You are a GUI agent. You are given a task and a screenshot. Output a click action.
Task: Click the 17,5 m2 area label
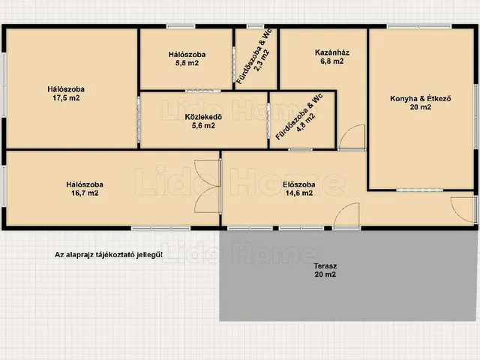point(66,98)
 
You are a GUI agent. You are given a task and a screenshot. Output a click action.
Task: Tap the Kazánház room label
point(332,52)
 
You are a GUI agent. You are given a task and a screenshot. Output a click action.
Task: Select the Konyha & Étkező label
point(421,98)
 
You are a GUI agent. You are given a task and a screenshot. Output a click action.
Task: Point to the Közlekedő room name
point(203,117)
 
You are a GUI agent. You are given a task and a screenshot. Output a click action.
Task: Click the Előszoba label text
point(299,184)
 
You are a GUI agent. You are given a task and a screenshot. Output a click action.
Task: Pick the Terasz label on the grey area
point(325,266)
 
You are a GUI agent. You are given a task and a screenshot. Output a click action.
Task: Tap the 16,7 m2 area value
point(85,193)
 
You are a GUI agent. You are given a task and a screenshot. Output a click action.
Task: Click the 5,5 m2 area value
point(187,63)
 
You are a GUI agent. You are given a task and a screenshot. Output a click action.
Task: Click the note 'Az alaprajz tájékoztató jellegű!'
point(109,255)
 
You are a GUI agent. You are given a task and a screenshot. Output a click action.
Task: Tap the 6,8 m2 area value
point(332,61)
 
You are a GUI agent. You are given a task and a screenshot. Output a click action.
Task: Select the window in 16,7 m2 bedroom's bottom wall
point(161,228)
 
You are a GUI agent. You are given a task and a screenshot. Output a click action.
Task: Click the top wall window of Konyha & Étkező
point(418,27)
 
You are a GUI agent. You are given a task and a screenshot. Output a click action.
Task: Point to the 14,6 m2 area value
point(299,193)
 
